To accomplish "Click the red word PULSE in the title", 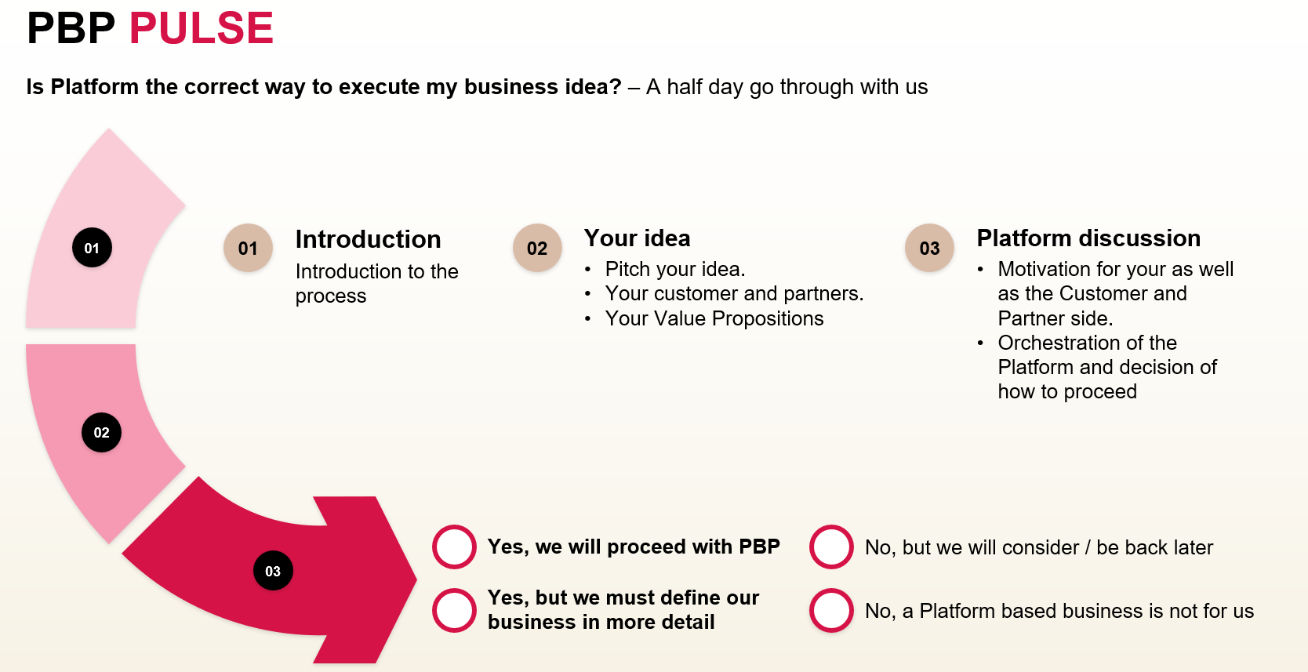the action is point(202,28).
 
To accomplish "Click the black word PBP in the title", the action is point(71,28).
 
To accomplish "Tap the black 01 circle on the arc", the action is point(92,248).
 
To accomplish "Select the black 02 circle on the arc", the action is point(102,433).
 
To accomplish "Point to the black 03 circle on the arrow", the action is point(273,570).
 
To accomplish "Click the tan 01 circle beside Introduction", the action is point(248,248).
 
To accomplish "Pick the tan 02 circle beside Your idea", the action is point(537,248).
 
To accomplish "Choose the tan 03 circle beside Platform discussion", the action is point(929,248).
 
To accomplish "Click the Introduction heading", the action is point(368,239).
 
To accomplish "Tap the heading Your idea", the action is point(637,238).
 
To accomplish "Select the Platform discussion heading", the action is point(1088,238).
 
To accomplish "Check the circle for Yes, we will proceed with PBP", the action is point(454,547).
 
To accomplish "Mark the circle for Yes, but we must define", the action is point(454,610).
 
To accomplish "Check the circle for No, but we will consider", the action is point(831,547).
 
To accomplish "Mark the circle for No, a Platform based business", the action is point(831,610).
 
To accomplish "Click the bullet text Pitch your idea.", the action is point(675,269).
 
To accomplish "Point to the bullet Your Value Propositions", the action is point(714,318).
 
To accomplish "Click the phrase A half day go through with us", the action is point(787,87).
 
